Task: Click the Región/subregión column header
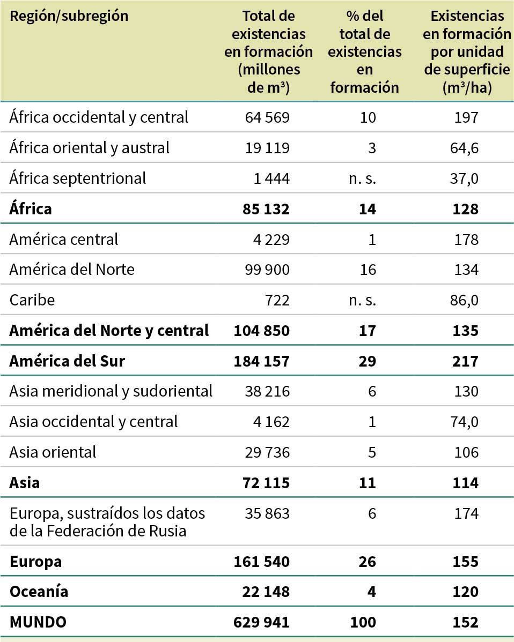coord(69,16)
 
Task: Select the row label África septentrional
coord(77,178)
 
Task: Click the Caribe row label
coord(32,300)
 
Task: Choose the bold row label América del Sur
coord(67,361)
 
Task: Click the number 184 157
coord(261,361)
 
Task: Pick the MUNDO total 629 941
coord(261,622)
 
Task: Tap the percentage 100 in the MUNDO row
coord(363,622)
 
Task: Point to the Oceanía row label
coord(39,592)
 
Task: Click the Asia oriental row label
coord(53,452)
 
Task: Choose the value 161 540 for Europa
coord(261,562)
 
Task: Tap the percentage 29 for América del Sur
coord(368,361)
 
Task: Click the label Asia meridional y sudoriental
coord(111,391)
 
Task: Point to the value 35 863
coord(267,513)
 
